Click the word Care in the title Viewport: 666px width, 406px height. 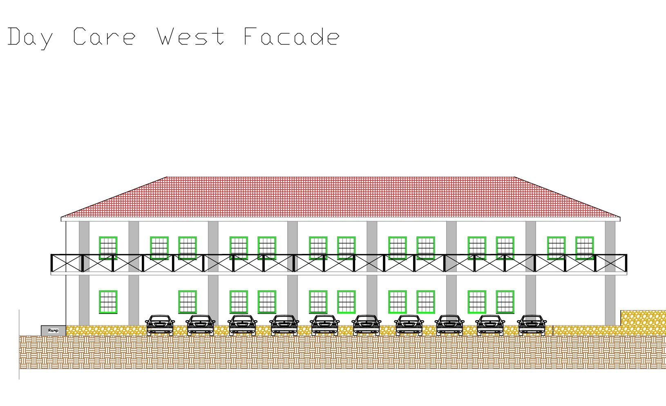104,37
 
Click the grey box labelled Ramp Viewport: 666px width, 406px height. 53,330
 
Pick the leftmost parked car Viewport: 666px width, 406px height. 160,325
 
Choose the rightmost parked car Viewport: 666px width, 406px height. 532,325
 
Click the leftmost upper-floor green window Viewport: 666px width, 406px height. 108,248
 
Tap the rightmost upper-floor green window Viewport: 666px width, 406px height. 584,248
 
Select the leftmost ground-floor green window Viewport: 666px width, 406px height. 108,302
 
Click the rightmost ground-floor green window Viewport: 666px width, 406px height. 505,302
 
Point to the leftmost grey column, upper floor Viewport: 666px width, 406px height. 84,237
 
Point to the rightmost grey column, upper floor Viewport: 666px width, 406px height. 610,237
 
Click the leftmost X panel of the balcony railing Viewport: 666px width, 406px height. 66,263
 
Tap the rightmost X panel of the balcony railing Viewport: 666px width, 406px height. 611,263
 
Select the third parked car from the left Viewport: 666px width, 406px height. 243,325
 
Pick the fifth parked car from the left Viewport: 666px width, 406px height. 325,325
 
